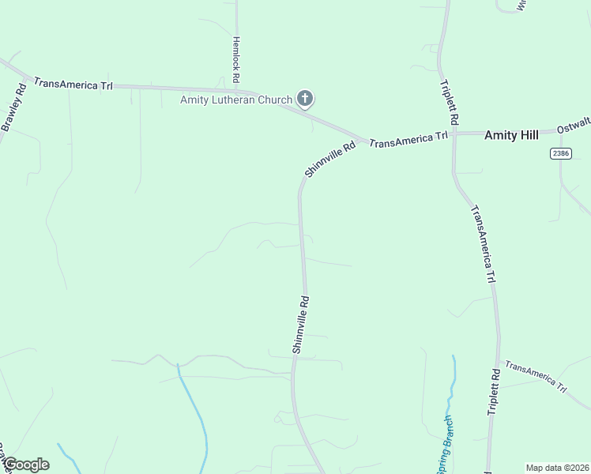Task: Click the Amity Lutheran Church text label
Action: point(236,100)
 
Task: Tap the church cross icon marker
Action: point(305,99)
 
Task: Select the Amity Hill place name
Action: point(511,135)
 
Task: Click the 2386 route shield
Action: point(561,153)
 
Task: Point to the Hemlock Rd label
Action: point(235,60)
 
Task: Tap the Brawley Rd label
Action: point(14,107)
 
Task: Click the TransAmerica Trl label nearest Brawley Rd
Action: point(73,84)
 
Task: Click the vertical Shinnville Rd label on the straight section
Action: point(300,324)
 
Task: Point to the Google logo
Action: point(26,465)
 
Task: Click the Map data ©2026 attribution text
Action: point(557,467)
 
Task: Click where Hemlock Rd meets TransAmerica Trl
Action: point(236,89)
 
